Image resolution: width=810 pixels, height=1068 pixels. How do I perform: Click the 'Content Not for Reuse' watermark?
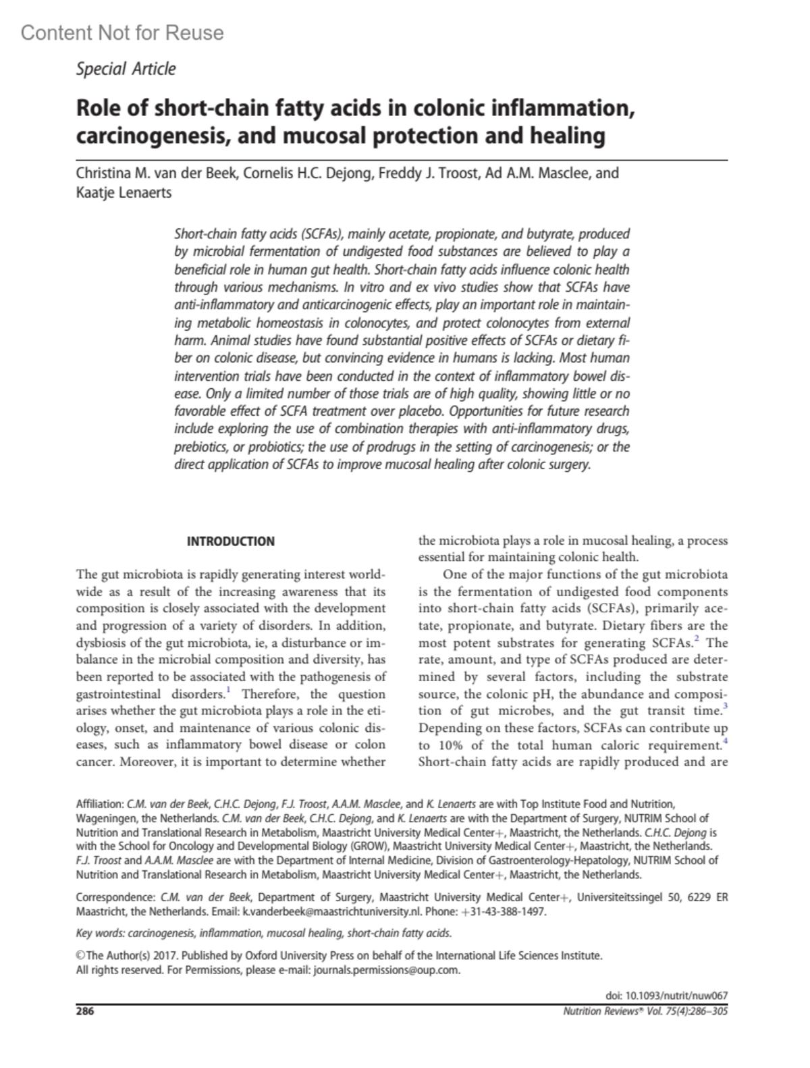pos(122,32)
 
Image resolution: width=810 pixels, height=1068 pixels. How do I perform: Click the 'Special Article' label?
pos(126,69)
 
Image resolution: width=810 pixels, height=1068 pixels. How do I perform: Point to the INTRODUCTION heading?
pos(231,541)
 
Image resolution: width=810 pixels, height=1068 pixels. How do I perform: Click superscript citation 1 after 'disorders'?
pos(229,690)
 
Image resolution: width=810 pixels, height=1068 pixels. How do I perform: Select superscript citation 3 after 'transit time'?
pos(725,706)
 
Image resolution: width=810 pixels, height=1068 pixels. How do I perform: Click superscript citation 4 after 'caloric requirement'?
pos(725,741)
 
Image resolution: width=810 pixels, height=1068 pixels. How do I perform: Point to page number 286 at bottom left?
pos(85,1011)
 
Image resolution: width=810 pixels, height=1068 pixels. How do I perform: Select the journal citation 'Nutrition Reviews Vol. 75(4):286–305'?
pos(645,1011)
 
